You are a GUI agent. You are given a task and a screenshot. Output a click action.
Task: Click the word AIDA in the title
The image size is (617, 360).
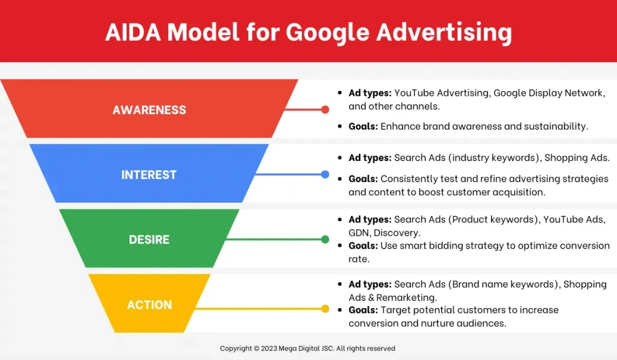click(133, 32)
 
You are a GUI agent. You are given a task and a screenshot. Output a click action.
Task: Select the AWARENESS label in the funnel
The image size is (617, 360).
click(149, 110)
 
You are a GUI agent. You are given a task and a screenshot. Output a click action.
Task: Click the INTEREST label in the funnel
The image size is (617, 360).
click(149, 174)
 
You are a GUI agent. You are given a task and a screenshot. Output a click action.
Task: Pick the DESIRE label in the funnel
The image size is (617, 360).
click(149, 239)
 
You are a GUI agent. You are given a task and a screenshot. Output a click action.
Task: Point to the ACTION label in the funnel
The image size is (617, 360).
click(149, 305)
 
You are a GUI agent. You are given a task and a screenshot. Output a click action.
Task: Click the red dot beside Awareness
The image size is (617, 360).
click(325, 110)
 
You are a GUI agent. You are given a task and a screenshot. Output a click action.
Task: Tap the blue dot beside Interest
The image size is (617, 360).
click(325, 174)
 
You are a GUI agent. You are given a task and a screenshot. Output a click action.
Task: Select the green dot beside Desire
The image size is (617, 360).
click(325, 239)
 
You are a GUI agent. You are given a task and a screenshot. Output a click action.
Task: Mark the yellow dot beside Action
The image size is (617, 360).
click(325, 309)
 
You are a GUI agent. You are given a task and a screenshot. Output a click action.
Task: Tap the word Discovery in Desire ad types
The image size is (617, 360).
click(396, 233)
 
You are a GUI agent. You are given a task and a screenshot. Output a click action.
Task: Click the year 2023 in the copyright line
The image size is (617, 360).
click(269, 349)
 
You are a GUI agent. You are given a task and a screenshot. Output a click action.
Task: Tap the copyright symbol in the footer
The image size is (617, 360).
click(257, 349)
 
